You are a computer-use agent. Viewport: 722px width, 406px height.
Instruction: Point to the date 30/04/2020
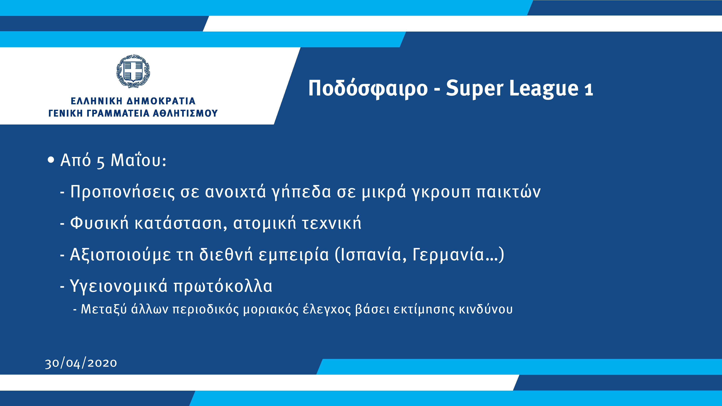click(81, 363)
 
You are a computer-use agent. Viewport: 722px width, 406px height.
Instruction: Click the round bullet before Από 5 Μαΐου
click(51, 160)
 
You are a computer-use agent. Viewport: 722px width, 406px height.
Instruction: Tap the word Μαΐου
click(138, 160)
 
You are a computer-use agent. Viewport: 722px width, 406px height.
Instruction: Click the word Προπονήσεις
click(122, 192)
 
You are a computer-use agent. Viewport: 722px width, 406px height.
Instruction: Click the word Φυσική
click(99, 223)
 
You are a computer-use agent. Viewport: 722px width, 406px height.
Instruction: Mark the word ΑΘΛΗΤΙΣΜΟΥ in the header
click(185, 113)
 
